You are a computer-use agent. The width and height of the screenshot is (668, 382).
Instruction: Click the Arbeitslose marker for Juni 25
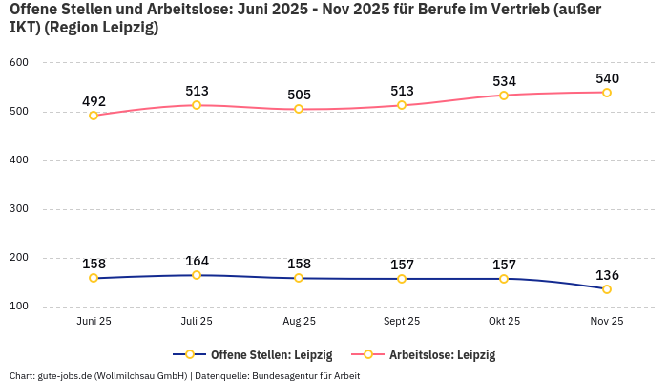[94, 116]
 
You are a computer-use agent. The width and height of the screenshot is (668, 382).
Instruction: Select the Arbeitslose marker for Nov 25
[607, 93]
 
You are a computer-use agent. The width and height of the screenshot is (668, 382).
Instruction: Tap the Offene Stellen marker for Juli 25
[197, 275]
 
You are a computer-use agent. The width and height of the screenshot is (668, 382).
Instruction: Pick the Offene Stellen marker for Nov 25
[607, 289]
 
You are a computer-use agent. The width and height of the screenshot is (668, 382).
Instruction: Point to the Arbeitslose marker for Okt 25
[504, 95]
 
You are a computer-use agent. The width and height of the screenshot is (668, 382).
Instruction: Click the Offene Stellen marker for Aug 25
[299, 278]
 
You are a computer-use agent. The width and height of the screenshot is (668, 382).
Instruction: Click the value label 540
[607, 78]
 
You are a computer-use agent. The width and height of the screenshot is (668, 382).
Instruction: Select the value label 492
[94, 101]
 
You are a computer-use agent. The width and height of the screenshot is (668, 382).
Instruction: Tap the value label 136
[607, 275]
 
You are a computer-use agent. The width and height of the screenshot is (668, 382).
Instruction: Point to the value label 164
[197, 261]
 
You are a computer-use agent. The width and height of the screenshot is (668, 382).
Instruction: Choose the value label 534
[504, 81]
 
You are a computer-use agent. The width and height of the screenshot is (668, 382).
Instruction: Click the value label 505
[299, 95]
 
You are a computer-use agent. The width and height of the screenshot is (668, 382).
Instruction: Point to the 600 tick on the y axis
[19, 63]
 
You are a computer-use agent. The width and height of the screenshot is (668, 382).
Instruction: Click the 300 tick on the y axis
[19, 209]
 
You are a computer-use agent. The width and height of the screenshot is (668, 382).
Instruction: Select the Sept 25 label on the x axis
[402, 322]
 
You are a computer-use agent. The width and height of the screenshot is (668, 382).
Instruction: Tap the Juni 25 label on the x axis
[94, 322]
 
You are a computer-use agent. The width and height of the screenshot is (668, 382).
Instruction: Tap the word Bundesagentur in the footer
[286, 376]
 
